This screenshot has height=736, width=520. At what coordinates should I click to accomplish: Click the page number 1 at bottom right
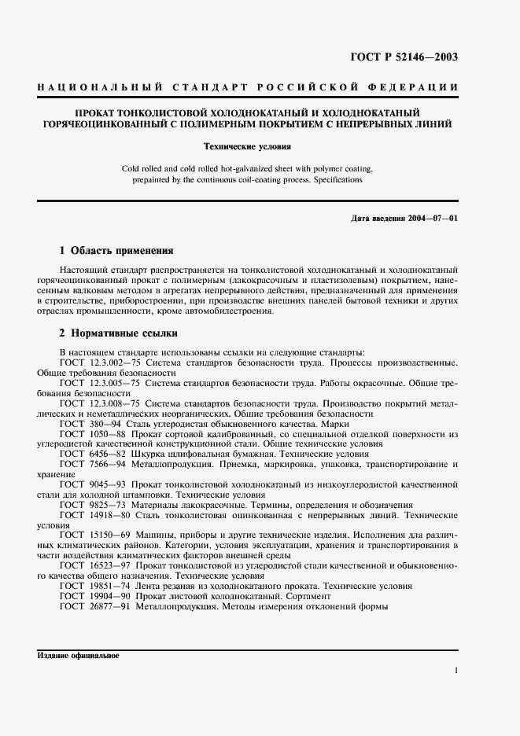[455, 671]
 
